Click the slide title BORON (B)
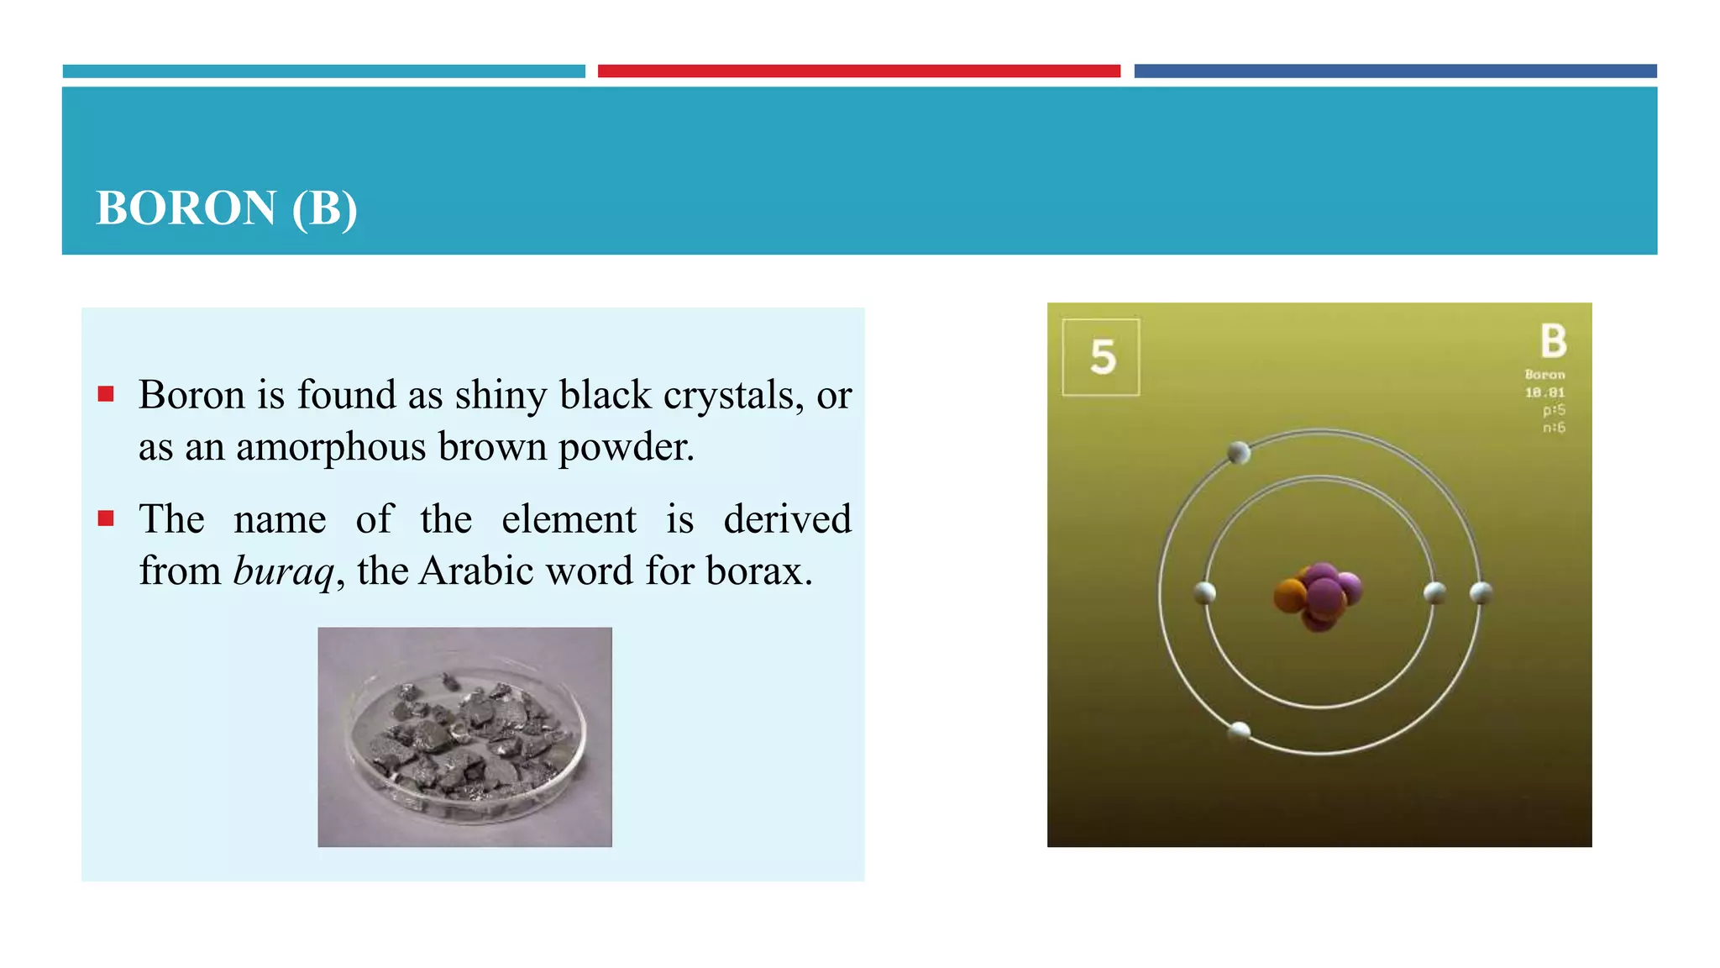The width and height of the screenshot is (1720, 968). tap(227, 208)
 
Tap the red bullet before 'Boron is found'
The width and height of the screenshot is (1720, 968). tap(106, 394)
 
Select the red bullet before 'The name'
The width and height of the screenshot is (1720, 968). tap(106, 518)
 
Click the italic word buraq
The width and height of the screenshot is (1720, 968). tap(284, 572)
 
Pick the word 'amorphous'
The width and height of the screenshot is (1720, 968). tap(331, 447)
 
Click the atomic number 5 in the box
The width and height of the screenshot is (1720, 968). tap(1102, 357)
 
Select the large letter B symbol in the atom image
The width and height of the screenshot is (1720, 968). tap(1553, 341)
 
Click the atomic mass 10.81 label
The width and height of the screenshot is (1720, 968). tap(1544, 392)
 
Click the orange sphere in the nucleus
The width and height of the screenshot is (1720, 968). tap(1290, 596)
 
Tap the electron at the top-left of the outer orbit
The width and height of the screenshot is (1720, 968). tap(1239, 453)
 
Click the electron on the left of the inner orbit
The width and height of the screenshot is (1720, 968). tap(1204, 592)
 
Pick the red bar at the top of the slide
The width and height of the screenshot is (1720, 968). tap(858, 71)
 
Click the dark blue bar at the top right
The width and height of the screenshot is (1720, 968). tap(1395, 71)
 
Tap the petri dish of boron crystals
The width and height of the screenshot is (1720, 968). tap(464, 738)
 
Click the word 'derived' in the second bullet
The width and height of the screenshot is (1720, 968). tap(787, 519)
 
